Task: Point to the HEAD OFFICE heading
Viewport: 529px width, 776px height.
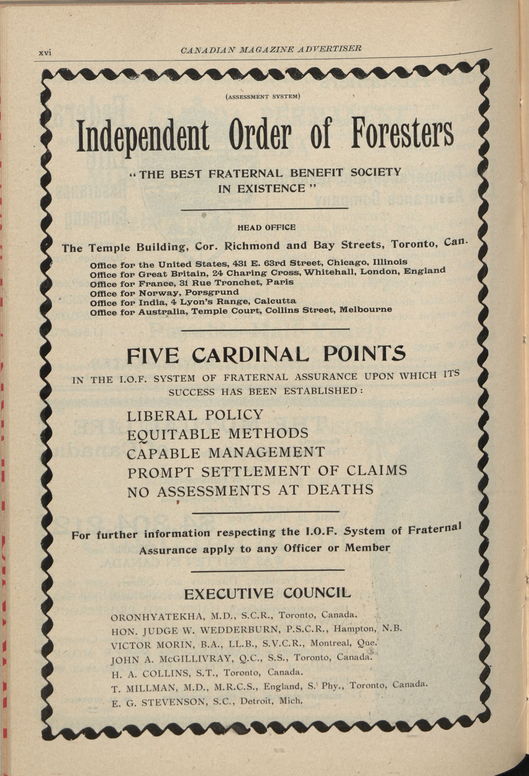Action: (x=266, y=228)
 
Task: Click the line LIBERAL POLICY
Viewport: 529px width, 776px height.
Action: (x=195, y=415)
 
